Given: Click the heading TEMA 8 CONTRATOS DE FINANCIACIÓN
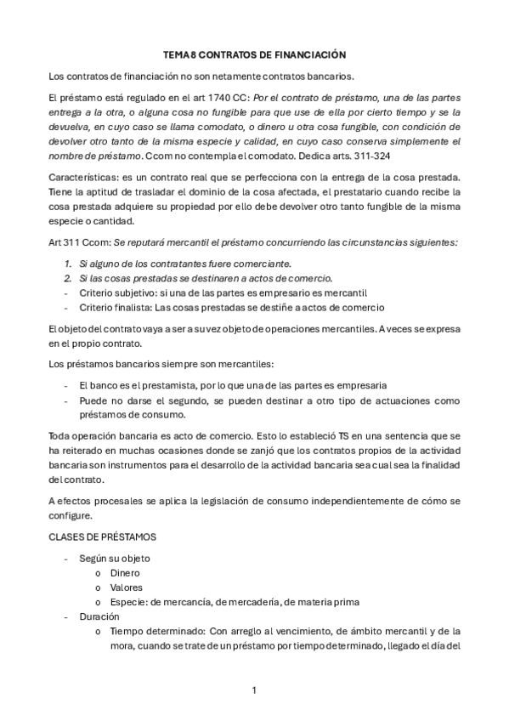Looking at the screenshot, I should coord(254,54).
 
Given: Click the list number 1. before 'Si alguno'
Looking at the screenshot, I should coord(68,264).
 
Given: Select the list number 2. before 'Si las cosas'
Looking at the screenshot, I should coord(68,278).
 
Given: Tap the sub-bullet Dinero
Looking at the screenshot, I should coord(125,572).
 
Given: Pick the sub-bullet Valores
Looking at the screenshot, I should coord(127,587).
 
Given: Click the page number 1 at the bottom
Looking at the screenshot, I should coord(254,689).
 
